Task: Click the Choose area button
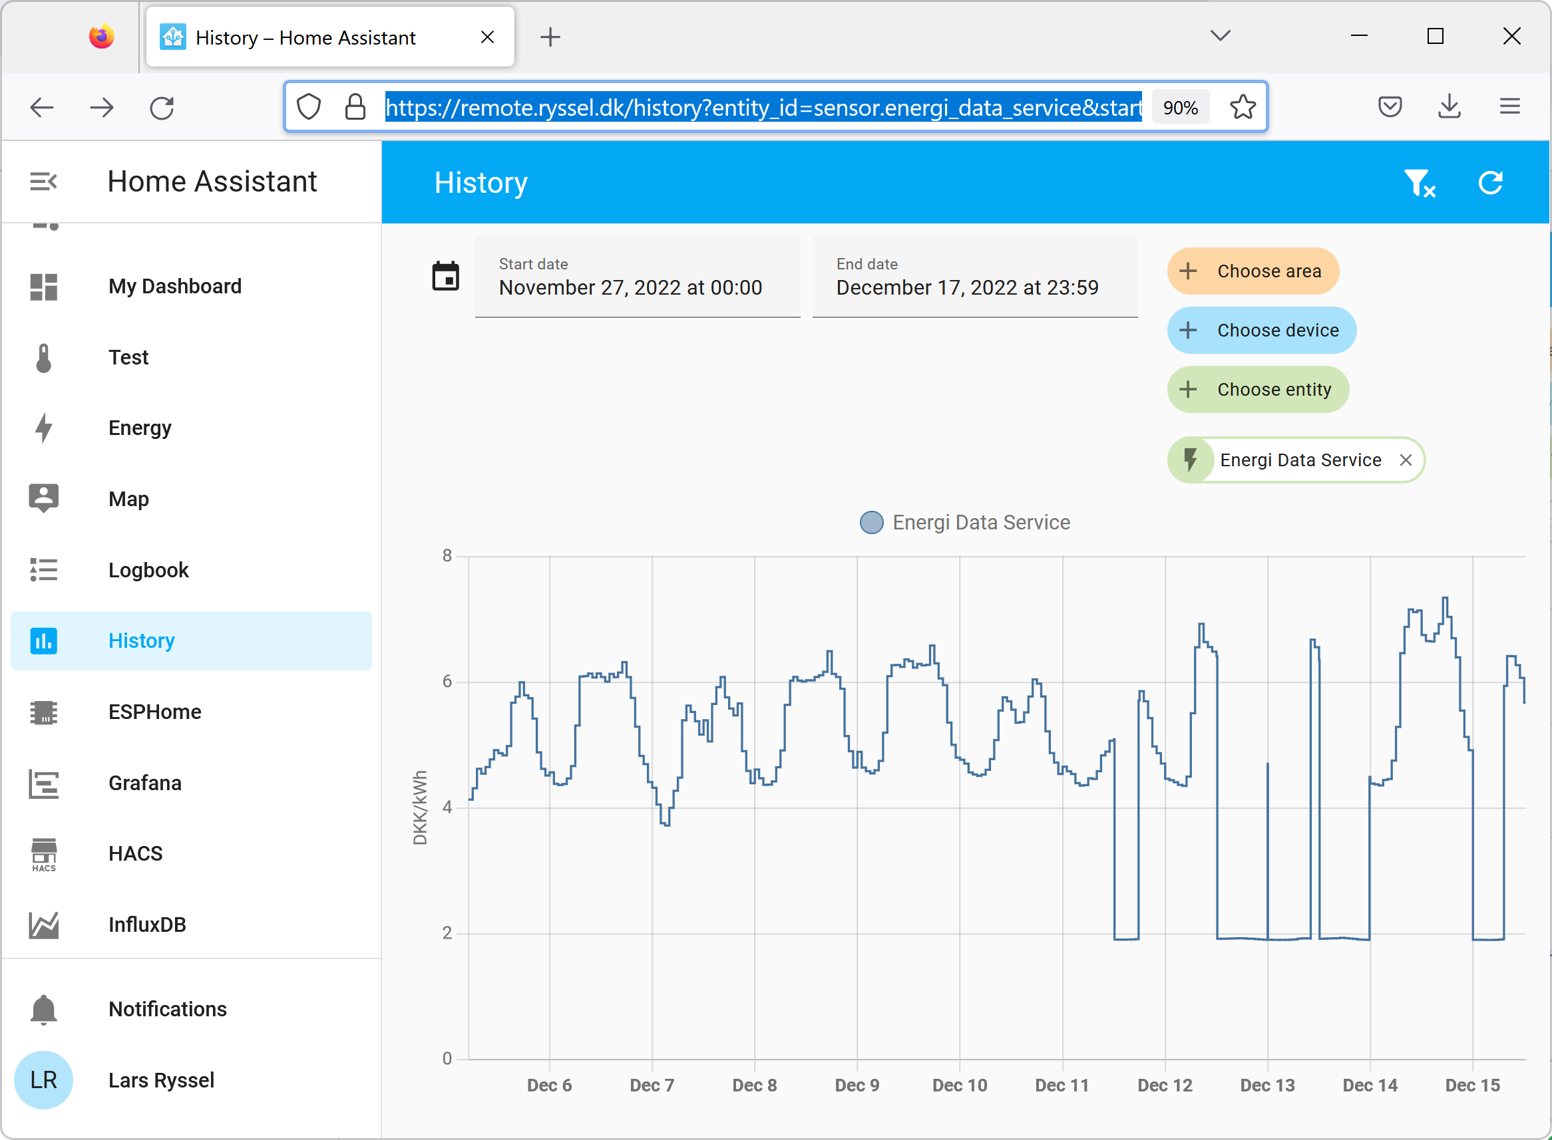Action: [x=1253, y=271]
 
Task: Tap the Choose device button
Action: [x=1261, y=331]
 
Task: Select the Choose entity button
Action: [x=1257, y=390]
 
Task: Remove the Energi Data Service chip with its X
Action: [x=1405, y=460]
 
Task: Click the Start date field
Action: [x=636, y=277]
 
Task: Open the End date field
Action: [x=974, y=277]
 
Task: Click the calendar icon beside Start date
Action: [x=445, y=277]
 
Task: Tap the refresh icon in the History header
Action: [x=1490, y=183]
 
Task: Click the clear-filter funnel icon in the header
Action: [x=1419, y=183]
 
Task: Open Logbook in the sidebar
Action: [x=148, y=570]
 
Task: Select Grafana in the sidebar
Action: [x=145, y=784]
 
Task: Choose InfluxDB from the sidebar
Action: [x=147, y=925]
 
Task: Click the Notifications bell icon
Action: [x=43, y=1010]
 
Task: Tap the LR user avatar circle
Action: [x=43, y=1080]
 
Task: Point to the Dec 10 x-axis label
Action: [x=959, y=1085]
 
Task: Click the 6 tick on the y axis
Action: [x=447, y=682]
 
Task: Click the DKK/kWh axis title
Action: [x=420, y=807]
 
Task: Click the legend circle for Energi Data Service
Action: [x=871, y=522]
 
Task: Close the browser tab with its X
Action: [x=487, y=37]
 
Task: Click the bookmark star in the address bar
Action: [x=1243, y=107]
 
